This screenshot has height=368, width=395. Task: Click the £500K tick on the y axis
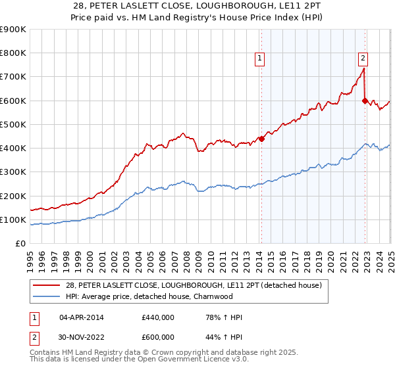pos(14,124)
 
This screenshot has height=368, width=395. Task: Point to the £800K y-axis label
pos(14,53)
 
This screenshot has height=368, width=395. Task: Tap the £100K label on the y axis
pos(14,219)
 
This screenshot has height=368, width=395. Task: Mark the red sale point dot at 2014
pos(261,139)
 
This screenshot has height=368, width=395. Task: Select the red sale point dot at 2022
pos(365,101)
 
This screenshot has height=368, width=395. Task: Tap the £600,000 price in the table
pos(157,337)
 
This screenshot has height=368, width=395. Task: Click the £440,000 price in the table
pos(157,317)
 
